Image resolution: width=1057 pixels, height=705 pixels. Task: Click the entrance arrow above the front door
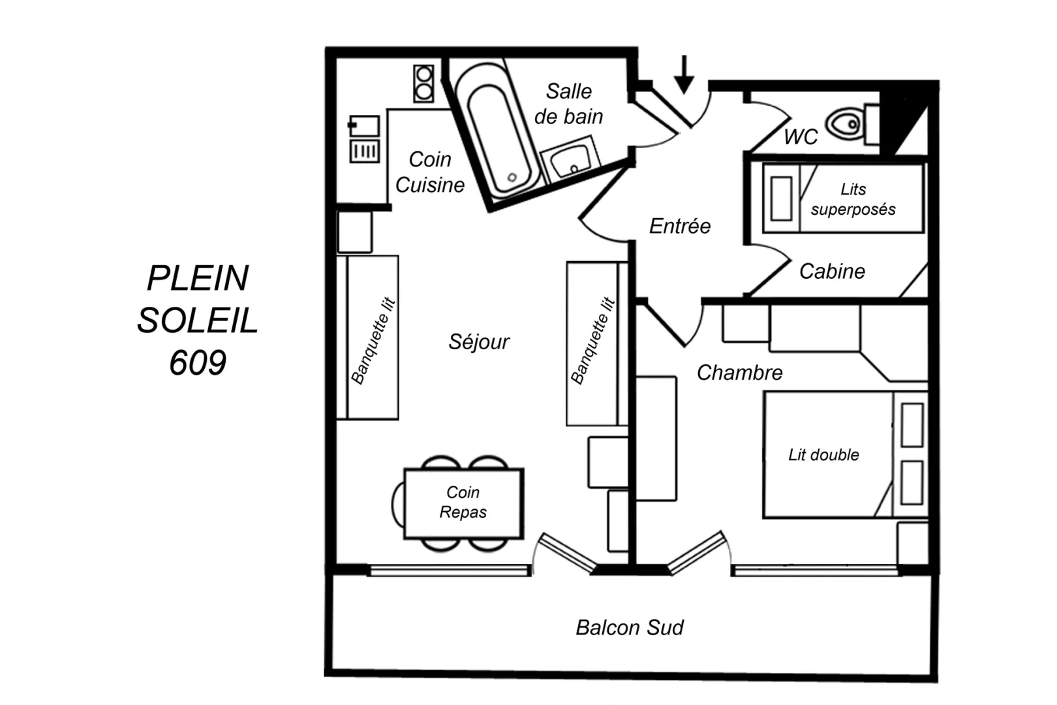(x=684, y=74)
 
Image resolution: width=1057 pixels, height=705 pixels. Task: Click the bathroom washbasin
(x=570, y=159)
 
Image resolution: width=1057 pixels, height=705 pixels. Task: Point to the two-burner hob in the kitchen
(x=423, y=84)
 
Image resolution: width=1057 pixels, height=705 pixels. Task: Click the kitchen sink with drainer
(x=364, y=139)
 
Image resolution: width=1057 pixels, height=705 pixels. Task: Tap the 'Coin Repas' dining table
(x=463, y=502)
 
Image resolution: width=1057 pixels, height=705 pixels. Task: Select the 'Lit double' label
(x=823, y=455)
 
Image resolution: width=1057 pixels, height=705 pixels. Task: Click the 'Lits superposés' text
(x=853, y=199)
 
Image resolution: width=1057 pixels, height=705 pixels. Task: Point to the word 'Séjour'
(x=479, y=341)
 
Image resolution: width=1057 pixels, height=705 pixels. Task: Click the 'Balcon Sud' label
(x=630, y=627)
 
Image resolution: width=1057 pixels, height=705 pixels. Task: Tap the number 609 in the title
(x=198, y=363)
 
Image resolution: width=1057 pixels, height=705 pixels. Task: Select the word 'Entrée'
(x=680, y=226)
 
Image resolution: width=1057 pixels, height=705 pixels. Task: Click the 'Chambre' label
(x=739, y=373)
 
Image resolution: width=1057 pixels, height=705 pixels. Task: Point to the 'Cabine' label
(x=832, y=271)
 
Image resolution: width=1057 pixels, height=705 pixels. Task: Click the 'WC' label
(x=801, y=136)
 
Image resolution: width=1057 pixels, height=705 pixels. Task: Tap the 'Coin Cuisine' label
(x=430, y=172)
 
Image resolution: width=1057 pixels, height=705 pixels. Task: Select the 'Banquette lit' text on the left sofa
(x=373, y=341)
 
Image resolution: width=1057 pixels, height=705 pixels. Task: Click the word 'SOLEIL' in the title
(x=198, y=321)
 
